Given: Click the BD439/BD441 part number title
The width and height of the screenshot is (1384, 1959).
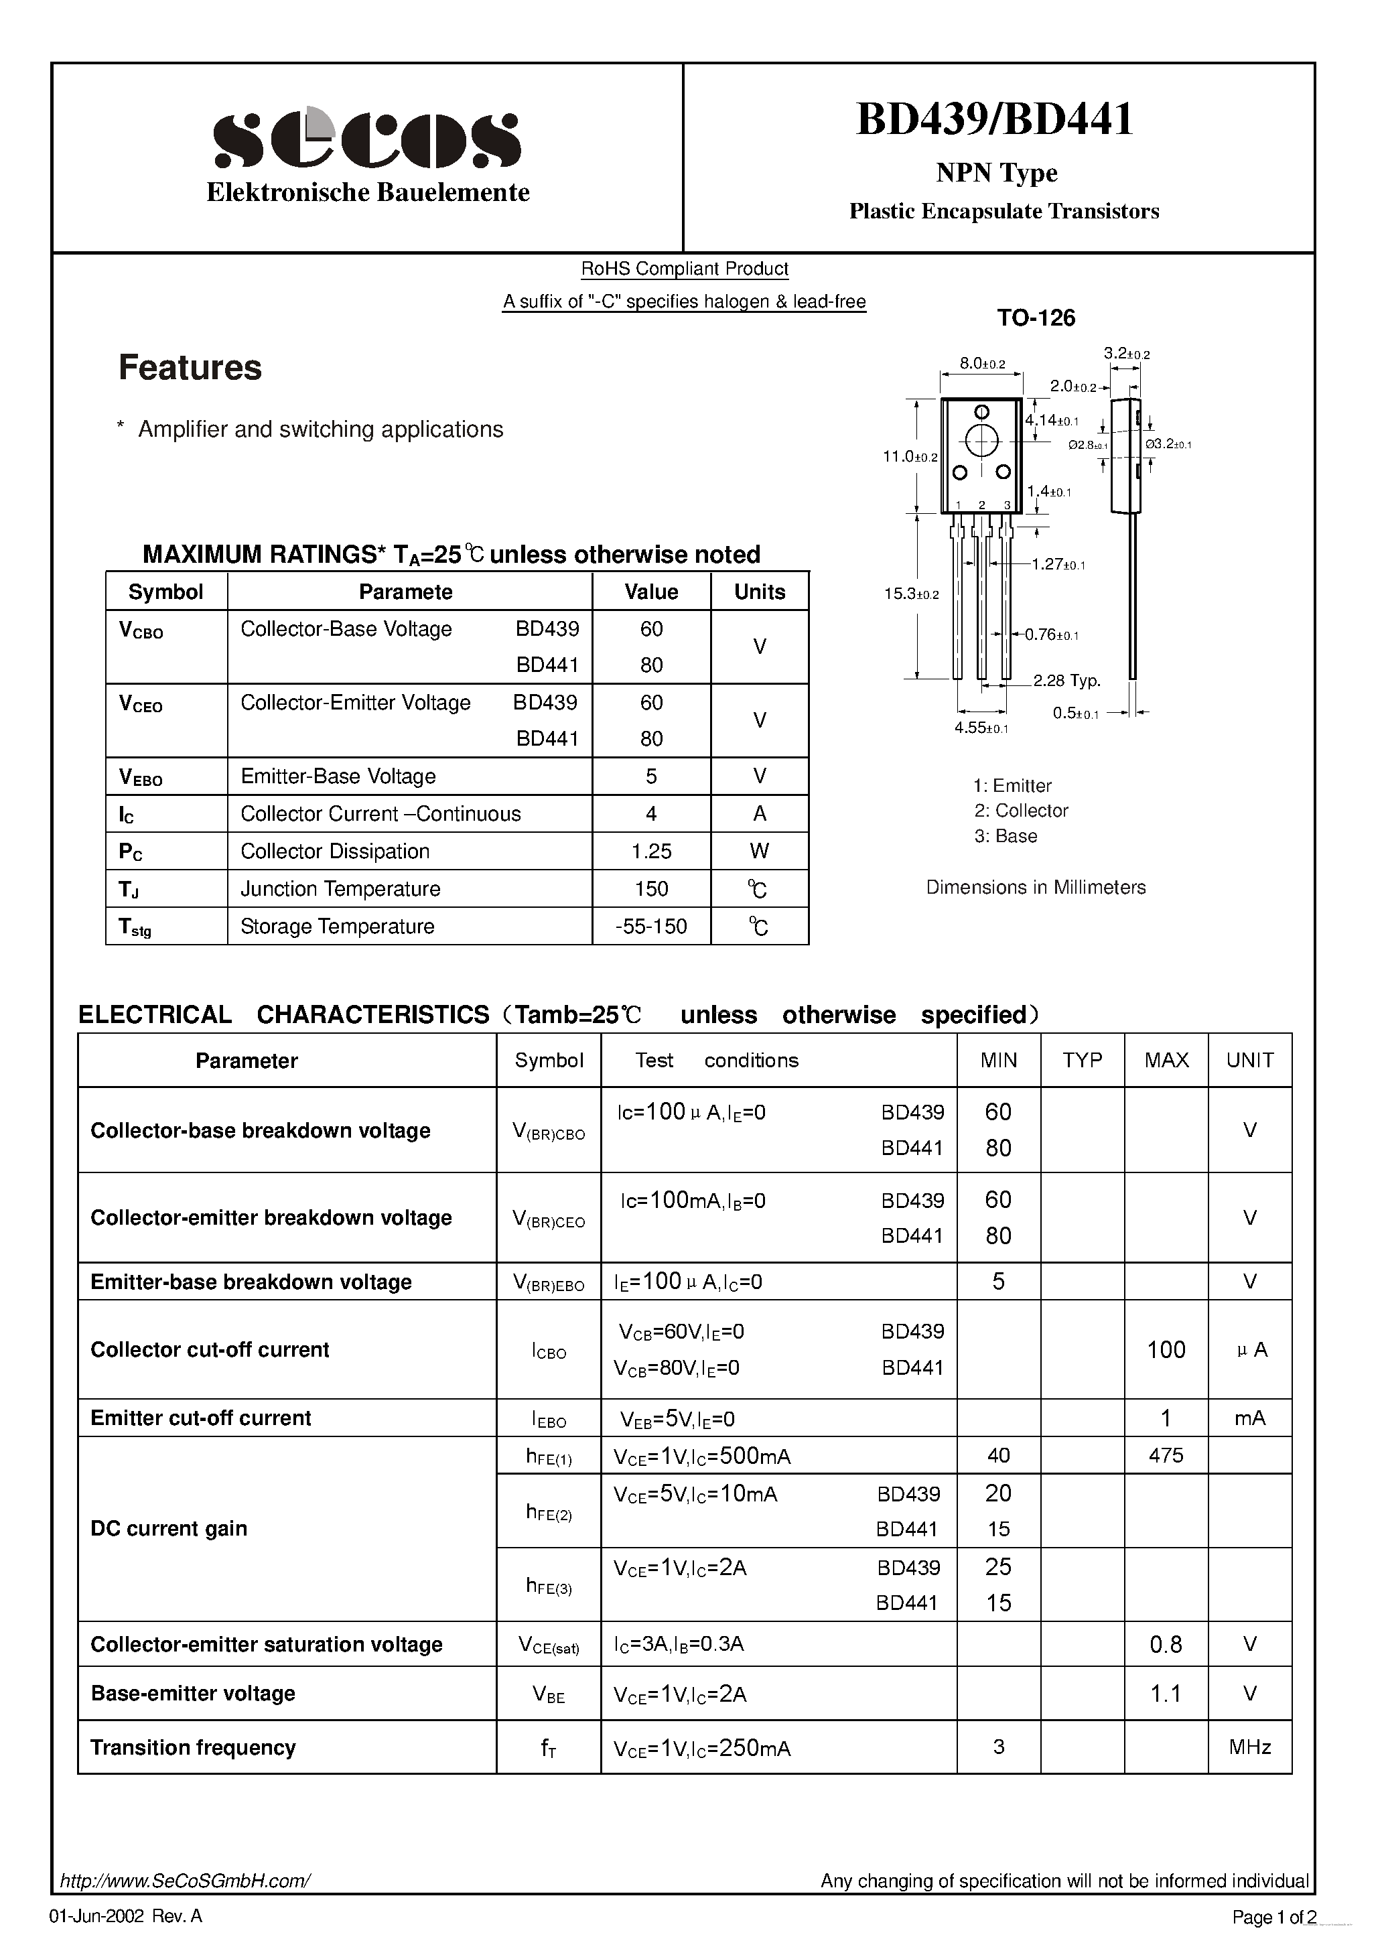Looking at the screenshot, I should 994,119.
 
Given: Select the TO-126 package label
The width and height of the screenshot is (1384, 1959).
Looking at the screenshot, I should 1036,318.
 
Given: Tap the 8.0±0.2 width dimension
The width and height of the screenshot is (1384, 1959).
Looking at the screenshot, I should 982,364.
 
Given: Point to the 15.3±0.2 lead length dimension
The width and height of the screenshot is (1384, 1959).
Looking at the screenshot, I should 910,594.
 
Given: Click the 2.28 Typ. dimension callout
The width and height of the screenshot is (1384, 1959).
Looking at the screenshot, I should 1066,680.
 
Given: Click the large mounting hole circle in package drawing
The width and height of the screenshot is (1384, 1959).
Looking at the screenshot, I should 981,441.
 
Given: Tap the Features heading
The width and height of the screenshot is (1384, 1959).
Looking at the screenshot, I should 190,368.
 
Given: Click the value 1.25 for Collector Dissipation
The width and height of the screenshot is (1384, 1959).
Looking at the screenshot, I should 651,851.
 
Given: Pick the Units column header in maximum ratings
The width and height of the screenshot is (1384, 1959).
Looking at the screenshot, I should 760,592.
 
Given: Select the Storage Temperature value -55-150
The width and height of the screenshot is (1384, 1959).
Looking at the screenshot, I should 651,926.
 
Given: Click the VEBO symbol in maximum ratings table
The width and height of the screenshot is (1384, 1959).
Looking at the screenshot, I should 141,776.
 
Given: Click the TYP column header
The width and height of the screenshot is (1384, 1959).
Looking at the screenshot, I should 1082,1060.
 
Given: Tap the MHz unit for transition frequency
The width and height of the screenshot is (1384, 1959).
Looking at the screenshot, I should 1249,1747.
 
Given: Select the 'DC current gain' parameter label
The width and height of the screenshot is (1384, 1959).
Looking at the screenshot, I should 169,1528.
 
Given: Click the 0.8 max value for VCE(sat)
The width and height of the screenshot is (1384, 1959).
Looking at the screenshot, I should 1166,1644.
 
